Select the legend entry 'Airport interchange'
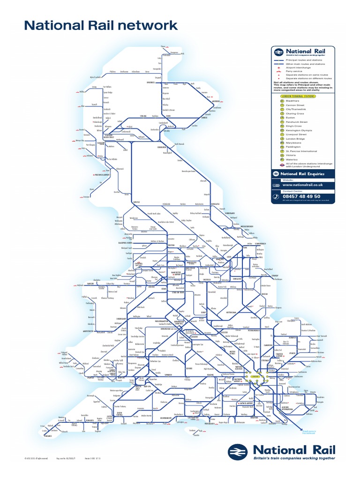point(296,67)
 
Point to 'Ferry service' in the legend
point(293,71)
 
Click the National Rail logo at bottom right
point(282,452)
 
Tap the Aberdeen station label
point(216,101)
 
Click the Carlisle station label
point(136,202)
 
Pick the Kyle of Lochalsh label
point(95,77)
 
